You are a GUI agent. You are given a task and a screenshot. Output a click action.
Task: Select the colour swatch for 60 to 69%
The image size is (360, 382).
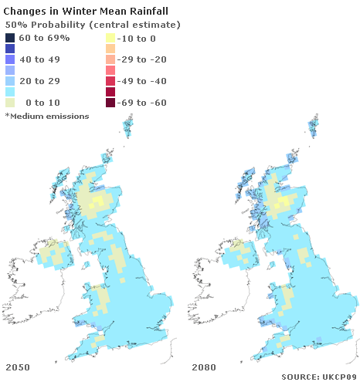tap(10, 38)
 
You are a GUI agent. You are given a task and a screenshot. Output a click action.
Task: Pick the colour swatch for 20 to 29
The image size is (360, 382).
tap(10, 81)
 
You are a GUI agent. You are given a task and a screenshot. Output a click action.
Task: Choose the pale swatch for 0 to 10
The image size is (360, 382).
tap(10, 103)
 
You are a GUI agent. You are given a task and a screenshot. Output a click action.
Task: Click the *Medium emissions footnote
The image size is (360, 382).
tap(46, 116)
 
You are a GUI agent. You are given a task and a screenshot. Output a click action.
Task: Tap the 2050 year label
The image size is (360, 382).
tap(19, 366)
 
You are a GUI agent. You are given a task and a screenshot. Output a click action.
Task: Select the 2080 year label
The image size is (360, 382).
tap(204, 366)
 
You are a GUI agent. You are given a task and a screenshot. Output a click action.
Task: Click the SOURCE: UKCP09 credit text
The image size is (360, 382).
tap(318, 376)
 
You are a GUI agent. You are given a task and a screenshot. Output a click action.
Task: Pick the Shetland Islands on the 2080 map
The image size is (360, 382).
tap(314, 127)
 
